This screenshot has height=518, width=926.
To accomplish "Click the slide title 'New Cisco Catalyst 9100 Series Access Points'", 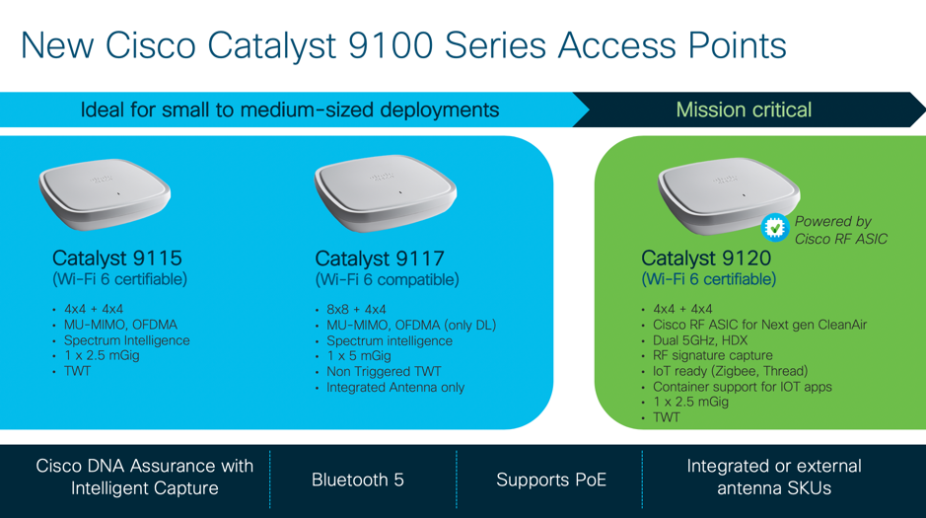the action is click(x=403, y=46).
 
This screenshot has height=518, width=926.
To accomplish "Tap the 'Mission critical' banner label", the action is click(x=744, y=110).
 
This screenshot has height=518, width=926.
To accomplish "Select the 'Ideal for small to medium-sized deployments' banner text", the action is click(x=290, y=110).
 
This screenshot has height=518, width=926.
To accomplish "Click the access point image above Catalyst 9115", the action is click(x=105, y=193).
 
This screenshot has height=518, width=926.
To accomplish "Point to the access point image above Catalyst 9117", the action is click(x=385, y=192).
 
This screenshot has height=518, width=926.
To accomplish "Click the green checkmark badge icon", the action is click(x=775, y=227).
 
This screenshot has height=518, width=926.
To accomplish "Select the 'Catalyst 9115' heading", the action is click(x=117, y=259).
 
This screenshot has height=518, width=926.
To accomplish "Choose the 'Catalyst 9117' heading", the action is click(x=380, y=259).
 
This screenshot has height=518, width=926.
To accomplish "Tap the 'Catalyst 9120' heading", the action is click(x=706, y=259).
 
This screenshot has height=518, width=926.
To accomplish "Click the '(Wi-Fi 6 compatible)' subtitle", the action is click(x=387, y=279).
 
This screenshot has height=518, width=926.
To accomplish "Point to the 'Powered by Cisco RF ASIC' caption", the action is click(x=841, y=230).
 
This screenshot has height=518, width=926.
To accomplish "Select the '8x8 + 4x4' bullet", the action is click(x=356, y=310).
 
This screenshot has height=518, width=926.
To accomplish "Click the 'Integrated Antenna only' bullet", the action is click(x=395, y=388).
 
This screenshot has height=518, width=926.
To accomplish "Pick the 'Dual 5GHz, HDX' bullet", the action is click(x=700, y=340).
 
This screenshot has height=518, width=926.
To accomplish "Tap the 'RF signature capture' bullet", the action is click(x=712, y=355).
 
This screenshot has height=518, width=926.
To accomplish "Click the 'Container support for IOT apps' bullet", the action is click(x=742, y=387).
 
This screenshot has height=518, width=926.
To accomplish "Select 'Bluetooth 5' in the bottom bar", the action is click(x=358, y=480).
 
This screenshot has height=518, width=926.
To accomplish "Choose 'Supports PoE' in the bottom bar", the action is click(x=551, y=480).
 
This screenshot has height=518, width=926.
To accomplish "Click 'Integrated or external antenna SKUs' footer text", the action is click(x=773, y=478).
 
